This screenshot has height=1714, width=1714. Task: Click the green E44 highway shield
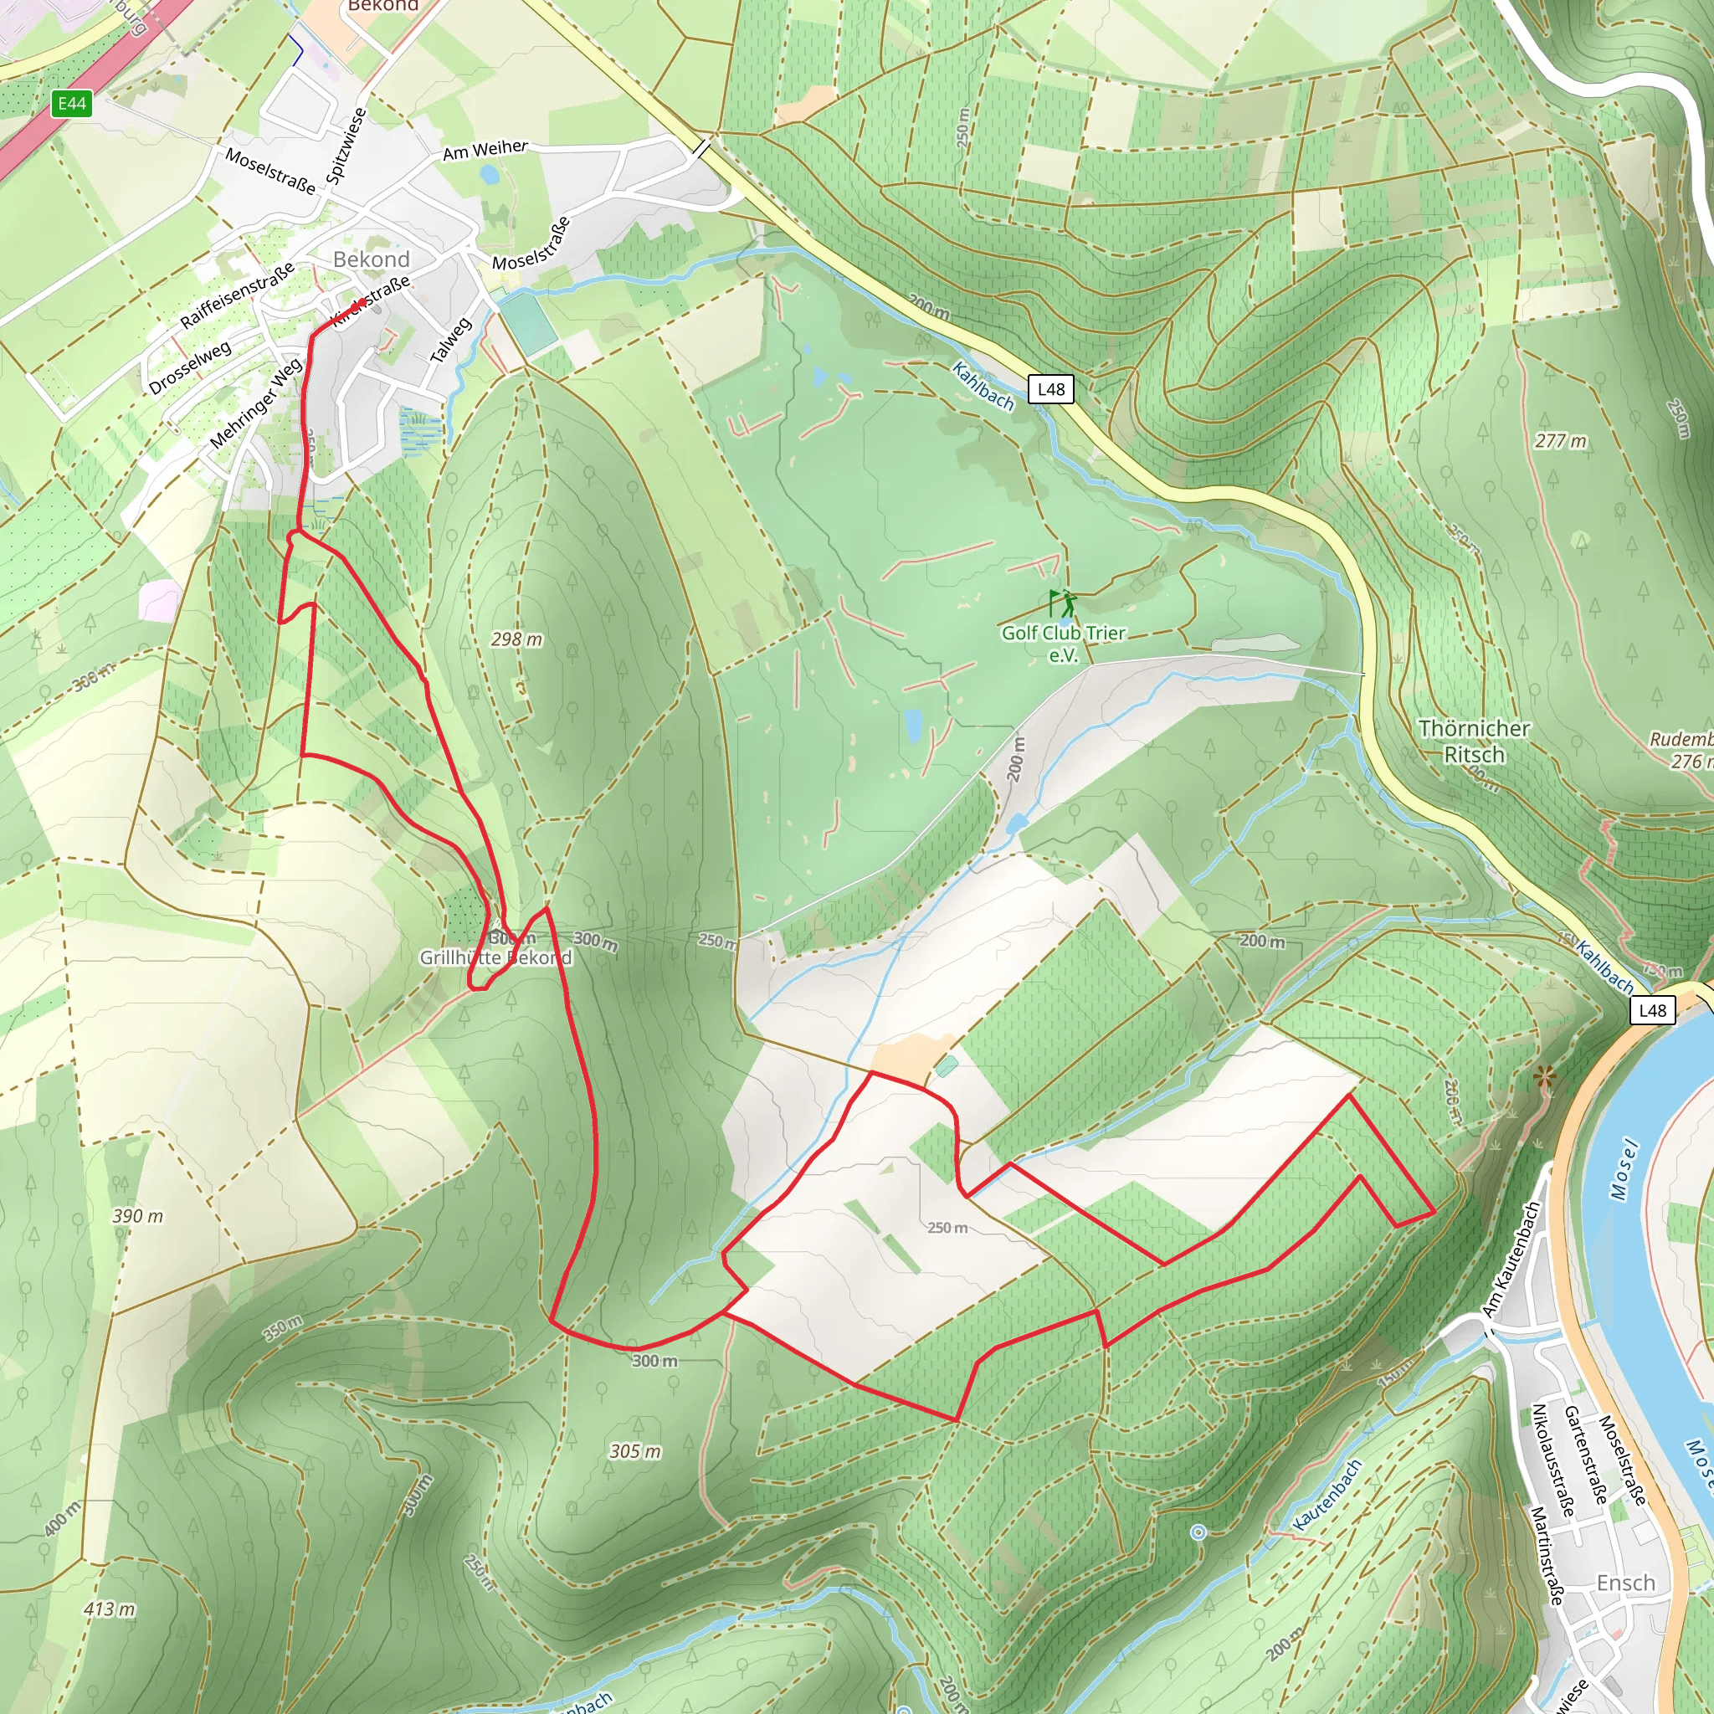pyautogui.click(x=72, y=104)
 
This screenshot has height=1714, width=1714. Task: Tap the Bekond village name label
pyautogui.click(x=371, y=259)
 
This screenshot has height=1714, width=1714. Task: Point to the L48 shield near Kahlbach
pyautogui.click(x=1050, y=388)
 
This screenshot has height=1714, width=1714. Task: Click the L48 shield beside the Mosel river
pyautogui.click(x=1652, y=1009)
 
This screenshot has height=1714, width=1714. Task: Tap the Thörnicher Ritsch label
pyautogui.click(x=1474, y=741)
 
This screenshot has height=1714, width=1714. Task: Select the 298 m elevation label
pyautogui.click(x=516, y=639)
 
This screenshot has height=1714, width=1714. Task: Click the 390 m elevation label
pyautogui.click(x=137, y=1215)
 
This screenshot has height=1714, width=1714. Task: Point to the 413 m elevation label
pyautogui.click(x=110, y=1609)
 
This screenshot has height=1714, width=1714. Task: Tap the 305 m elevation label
pyautogui.click(x=634, y=1451)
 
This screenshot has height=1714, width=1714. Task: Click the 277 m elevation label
pyautogui.click(x=1561, y=440)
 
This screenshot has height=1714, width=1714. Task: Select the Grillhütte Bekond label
pyautogui.click(x=495, y=957)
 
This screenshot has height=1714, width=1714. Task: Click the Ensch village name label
pyautogui.click(x=1625, y=1583)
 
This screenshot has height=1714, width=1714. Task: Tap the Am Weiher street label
pyautogui.click(x=485, y=150)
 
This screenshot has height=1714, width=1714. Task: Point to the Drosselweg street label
pyautogui.click(x=190, y=367)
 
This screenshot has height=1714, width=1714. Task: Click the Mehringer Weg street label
pyautogui.click(x=255, y=403)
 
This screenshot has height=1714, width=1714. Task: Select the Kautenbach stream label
pyautogui.click(x=1327, y=1496)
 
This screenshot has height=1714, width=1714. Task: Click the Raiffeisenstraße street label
pyautogui.click(x=237, y=295)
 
